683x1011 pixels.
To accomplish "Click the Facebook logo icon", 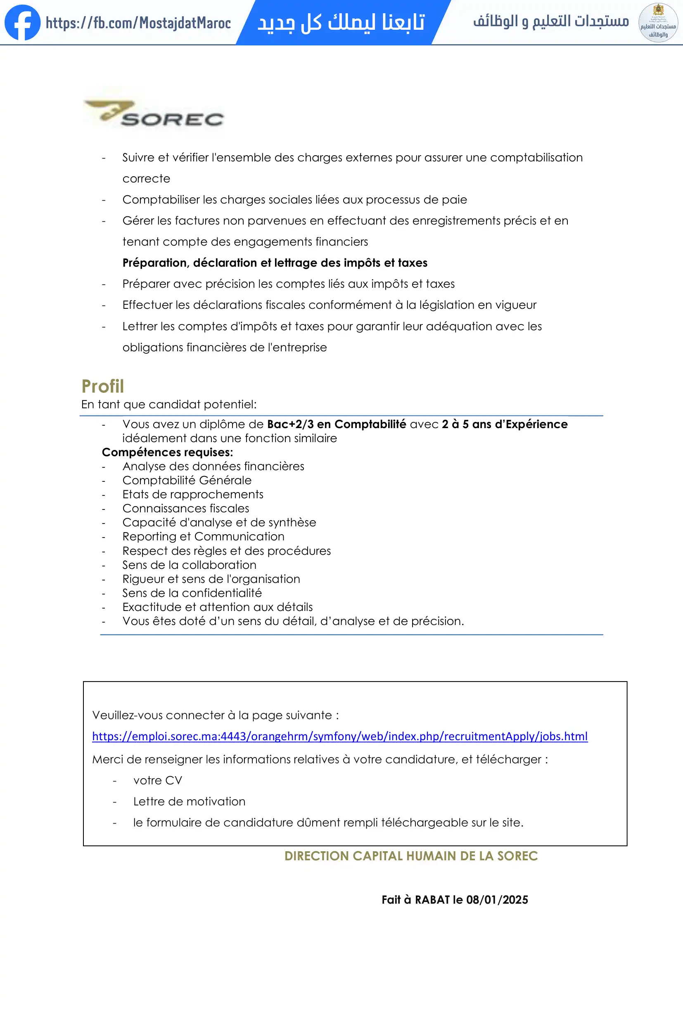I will [22, 23].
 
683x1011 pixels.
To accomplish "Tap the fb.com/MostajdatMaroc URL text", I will [138, 23].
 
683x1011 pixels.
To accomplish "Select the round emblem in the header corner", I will [658, 23].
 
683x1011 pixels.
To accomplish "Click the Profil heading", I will [103, 386].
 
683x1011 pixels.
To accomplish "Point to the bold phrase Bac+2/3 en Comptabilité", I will [336, 424].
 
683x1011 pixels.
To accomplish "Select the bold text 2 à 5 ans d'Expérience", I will [505, 424].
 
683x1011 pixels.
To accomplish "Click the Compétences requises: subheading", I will [168, 452].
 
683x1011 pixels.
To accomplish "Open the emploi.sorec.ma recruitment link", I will [340, 736].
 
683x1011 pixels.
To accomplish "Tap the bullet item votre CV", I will [157, 780].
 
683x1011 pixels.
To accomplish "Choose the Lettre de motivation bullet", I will [189, 801].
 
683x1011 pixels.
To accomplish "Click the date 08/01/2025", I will [497, 900].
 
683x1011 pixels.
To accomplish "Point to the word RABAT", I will [432, 900].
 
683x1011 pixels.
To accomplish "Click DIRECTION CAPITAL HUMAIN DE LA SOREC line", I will [411, 856].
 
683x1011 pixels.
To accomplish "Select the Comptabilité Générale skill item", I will [187, 480].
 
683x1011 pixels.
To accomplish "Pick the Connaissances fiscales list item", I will [186, 508].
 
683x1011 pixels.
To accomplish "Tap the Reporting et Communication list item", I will [203, 536].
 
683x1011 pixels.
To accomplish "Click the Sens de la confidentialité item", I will [192, 593].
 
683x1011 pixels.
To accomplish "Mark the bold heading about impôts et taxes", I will [275, 263].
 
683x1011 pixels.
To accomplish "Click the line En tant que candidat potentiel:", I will [169, 404].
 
